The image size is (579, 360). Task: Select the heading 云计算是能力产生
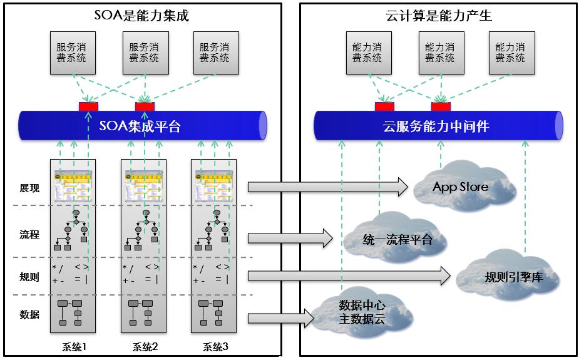point(436,16)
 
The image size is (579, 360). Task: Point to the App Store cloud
point(460,187)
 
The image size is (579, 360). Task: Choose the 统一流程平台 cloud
point(397,239)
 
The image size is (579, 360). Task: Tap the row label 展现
point(29,188)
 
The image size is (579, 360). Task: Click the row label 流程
point(29,234)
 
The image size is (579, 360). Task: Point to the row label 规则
point(29,276)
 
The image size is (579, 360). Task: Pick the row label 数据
point(29,314)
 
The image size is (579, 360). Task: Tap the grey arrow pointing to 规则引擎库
point(349,275)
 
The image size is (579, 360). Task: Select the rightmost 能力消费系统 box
point(510,53)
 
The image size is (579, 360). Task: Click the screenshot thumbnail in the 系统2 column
point(144,185)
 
